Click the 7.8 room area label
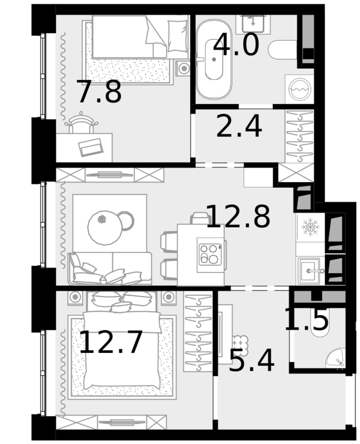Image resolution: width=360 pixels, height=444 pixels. click(x=99, y=92)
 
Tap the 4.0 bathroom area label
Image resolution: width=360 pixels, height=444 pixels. click(x=236, y=44)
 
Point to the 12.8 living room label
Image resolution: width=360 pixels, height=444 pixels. click(x=238, y=216)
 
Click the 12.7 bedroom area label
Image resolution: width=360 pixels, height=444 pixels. click(x=111, y=342)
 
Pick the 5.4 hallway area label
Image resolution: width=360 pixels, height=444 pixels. click(x=252, y=360)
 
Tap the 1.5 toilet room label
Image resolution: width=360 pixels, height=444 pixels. click(x=306, y=319)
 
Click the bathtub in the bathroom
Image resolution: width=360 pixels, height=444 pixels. click(x=214, y=59)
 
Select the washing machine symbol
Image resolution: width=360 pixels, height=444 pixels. click(x=299, y=89)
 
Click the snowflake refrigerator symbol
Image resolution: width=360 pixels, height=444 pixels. click(x=311, y=227)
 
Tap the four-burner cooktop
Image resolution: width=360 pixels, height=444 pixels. click(x=210, y=254)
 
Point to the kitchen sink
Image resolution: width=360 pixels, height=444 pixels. click(x=311, y=271)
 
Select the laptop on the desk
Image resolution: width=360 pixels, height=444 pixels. click(x=91, y=147)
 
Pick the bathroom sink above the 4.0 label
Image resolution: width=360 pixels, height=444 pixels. click(x=253, y=22)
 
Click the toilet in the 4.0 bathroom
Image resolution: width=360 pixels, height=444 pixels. click(x=283, y=50)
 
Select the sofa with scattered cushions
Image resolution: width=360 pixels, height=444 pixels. click(x=110, y=269)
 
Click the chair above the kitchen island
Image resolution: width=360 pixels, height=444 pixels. click(x=200, y=219)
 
